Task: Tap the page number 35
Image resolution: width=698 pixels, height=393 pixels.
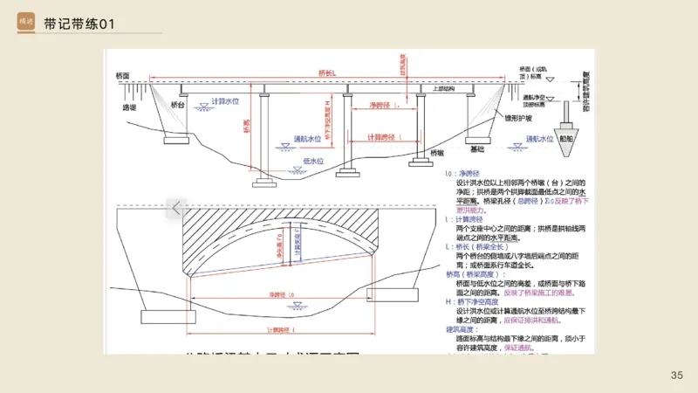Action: pyautogui.click(x=676, y=375)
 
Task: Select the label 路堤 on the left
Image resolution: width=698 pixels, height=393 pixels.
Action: pyautogui.click(x=130, y=108)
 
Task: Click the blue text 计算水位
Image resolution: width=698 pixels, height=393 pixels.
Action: pyautogui.click(x=224, y=102)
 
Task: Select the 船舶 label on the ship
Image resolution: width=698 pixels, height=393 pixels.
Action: pyautogui.click(x=566, y=138)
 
